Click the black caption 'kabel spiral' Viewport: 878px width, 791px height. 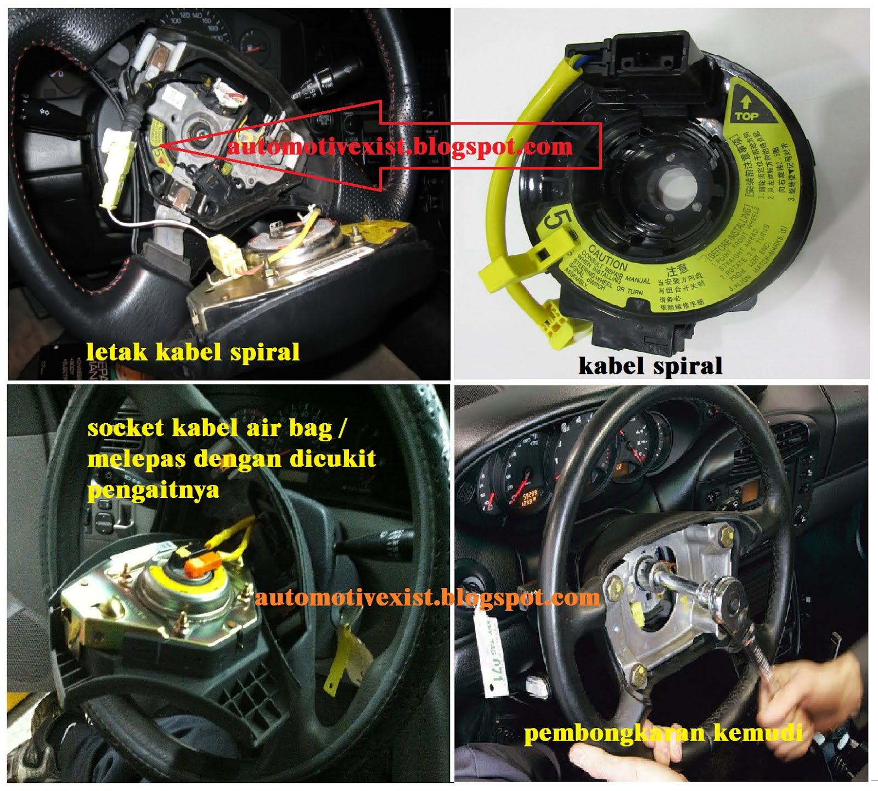tap(650, 365)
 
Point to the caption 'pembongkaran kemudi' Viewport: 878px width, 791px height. tap(663, 733)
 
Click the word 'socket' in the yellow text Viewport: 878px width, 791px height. tap(126, 428)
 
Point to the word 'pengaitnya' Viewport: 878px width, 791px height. tap(153, 489)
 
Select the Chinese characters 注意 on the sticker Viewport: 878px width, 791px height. tap(677, 270)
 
